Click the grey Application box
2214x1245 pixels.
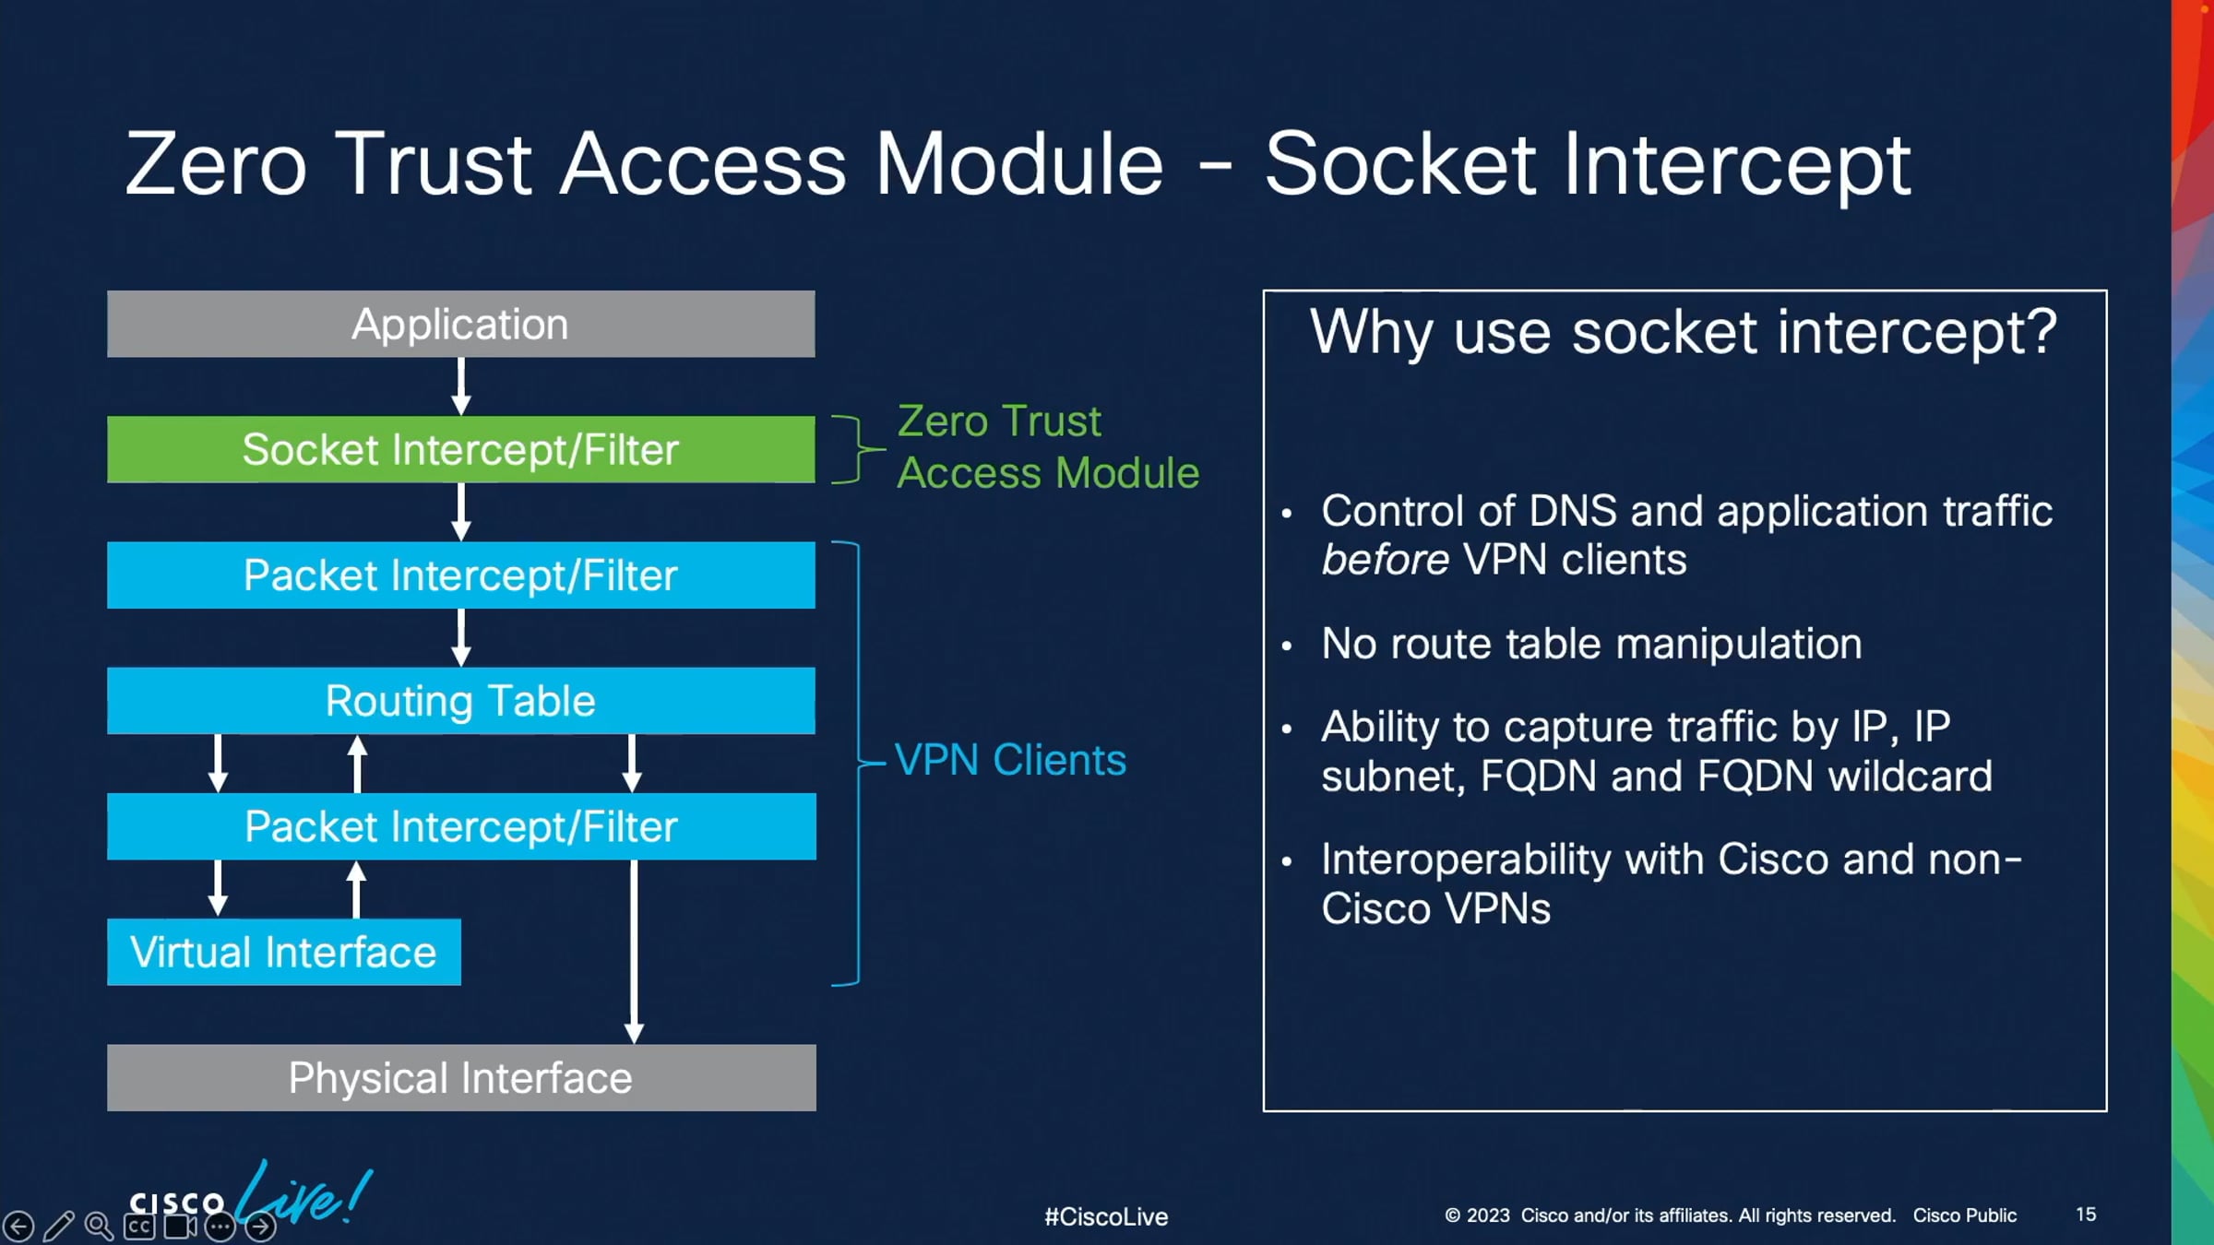click(x=460, y=324)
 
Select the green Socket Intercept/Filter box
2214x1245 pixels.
click(x=460, y=449)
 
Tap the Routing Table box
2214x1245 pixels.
click(x=460, y=701)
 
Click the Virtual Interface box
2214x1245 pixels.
click(x=283, y=952)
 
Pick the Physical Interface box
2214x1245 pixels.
click(x=460, y=1077)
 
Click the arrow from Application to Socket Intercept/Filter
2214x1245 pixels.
click(x=461, y=386)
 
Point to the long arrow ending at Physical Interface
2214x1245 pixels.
click(x=634, y=950)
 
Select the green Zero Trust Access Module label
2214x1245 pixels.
click(x=1047, y=447)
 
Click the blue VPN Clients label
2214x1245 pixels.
click(x=1010, y=761)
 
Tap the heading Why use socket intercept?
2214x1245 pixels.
click(x=1684, y=332)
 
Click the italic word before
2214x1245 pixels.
click(x=1385, y=560)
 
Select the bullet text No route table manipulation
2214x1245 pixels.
click(x=1591, y=644)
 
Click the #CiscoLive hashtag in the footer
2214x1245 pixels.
click(x=1106, y=1216)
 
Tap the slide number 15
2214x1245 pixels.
click(x=2086, y=1215)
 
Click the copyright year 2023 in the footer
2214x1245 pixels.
click(x=1488, y=1215)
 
